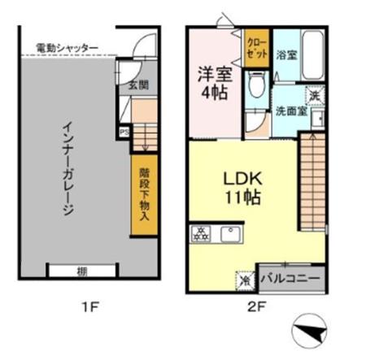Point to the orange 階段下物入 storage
click(143, 194)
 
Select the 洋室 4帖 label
click(215, 81)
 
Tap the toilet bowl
click(256, 85)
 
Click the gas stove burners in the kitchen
click(201, 235)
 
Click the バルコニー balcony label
click(291, 279)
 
